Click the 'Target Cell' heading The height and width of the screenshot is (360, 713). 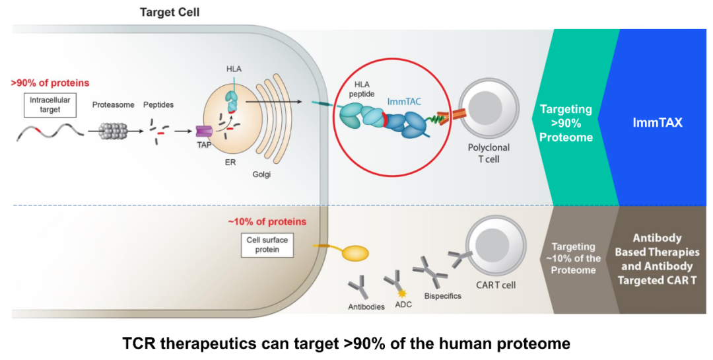point(169,12)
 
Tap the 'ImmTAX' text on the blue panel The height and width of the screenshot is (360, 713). point(663,122)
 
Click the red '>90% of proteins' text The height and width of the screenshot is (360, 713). point(50,83)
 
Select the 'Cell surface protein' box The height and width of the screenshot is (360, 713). point(267,245)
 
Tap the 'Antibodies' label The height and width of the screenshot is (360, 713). point(366,306)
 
